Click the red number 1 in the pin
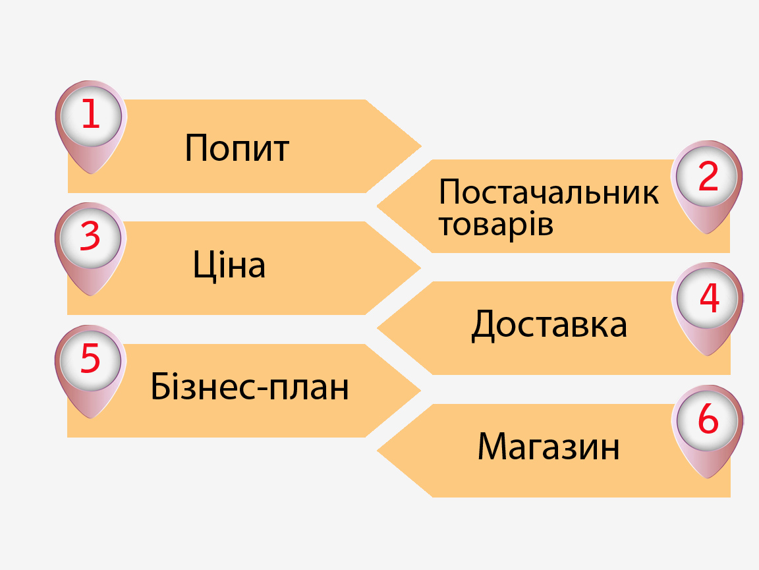(91, 114)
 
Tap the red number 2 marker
(708, 176)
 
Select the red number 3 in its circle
(90, 237)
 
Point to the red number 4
(709, 298)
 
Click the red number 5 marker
(90, 358)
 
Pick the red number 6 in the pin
(708, 418)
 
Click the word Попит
(237, 148)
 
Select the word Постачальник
(548, 192)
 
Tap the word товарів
(495, 224)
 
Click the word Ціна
(229, 264)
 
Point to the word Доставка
(549, 324)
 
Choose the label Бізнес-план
(249, 386)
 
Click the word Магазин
(548, 446)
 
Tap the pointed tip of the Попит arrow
(421, 146)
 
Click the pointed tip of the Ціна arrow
(420, 268)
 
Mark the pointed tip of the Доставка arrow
(378, 328)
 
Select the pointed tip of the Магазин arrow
(378, 450)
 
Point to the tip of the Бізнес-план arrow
(420, 390)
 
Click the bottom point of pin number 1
(90, 173)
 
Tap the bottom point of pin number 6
(707, 478)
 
